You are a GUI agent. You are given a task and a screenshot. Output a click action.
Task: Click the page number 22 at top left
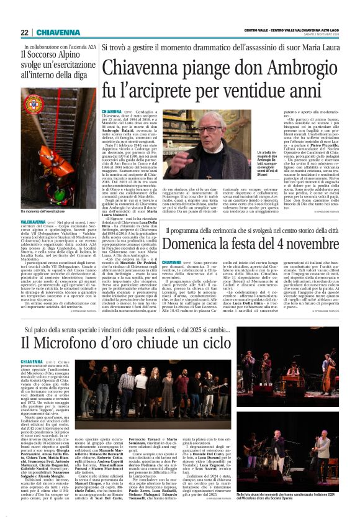tap(24, 33)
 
